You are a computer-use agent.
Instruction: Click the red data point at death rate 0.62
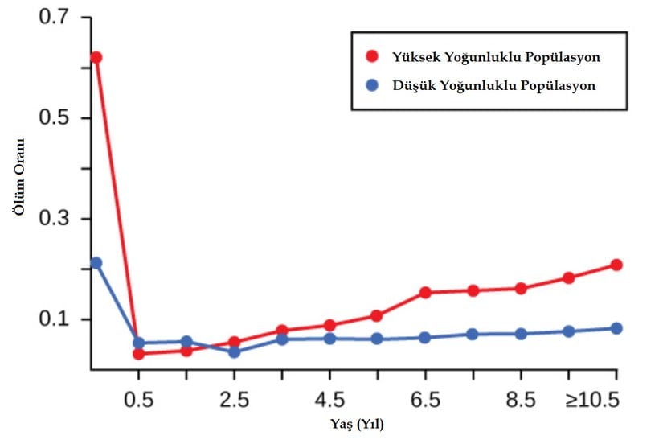(96, 57)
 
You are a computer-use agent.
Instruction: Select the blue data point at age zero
(96, 263)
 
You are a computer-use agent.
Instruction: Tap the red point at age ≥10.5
(616, 265)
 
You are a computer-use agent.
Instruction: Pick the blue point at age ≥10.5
(616, 328)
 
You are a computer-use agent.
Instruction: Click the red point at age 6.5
(425, 292)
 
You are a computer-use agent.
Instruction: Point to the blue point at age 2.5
(234, 351)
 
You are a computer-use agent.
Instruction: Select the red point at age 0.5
(138, 354)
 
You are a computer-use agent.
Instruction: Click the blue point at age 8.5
(521, 334)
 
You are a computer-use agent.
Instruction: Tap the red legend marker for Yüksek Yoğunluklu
(371, 57)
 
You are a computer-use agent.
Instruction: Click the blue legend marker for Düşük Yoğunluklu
(371, 84)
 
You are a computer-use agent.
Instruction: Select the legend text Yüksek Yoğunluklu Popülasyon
(496, 58)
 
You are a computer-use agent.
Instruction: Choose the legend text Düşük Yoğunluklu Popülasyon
(493, 85)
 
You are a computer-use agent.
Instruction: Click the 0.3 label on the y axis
(55, 219)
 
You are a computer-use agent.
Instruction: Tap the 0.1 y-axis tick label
(55, 319)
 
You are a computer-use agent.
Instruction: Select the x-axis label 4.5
(329, 400)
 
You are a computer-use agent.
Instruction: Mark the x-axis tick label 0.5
(138, 400)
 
